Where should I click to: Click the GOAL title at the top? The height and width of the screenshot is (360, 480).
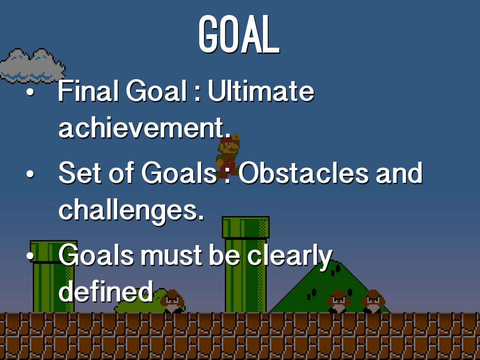239,35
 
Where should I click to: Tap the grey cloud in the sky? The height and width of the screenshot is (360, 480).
32,66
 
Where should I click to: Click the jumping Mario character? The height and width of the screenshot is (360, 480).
228,156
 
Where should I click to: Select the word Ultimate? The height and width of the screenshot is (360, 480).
261,91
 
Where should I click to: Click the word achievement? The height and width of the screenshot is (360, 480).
144,127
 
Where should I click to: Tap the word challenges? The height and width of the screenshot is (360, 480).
131,210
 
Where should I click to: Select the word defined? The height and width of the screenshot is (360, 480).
105,291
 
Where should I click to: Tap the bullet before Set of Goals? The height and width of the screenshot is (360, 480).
30,174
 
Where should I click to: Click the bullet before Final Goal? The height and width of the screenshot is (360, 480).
30,92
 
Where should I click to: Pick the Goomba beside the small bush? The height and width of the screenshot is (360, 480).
172,301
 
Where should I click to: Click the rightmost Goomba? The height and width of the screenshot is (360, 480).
373,301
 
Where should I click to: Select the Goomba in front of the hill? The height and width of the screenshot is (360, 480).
338,301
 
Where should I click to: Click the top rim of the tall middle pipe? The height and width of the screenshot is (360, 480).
246,227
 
